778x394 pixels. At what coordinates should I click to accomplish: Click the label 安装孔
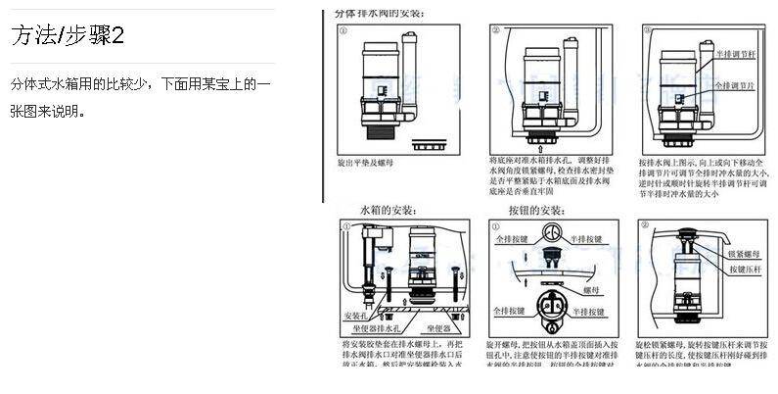tap(355, 316)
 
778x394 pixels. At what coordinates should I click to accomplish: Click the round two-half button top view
tap(551, 235)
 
